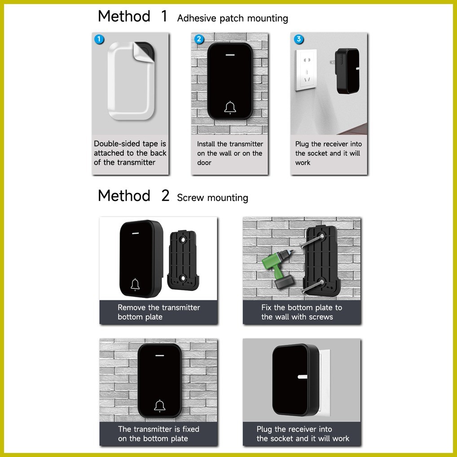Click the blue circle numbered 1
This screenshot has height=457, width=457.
pos(99,39)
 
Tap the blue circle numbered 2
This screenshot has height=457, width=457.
pos(199,39)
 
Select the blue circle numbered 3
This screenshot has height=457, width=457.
pos(299,39)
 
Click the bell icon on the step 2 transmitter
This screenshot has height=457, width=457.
pos(230,108)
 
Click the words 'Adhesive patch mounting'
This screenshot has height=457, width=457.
pos(232,18)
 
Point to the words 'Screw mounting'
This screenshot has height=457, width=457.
pos(212,198)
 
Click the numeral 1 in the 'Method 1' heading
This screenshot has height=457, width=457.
pos(164,16)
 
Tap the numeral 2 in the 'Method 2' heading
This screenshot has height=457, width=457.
pos(165,195)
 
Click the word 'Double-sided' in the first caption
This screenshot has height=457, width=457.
pos(118,144)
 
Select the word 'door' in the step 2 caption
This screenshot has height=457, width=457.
pos(204,163)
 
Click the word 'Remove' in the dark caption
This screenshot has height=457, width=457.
pos(132,308)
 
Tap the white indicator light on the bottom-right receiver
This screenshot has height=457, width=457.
pos(302,377)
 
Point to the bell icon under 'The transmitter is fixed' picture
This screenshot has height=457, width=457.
pos(160,406)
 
